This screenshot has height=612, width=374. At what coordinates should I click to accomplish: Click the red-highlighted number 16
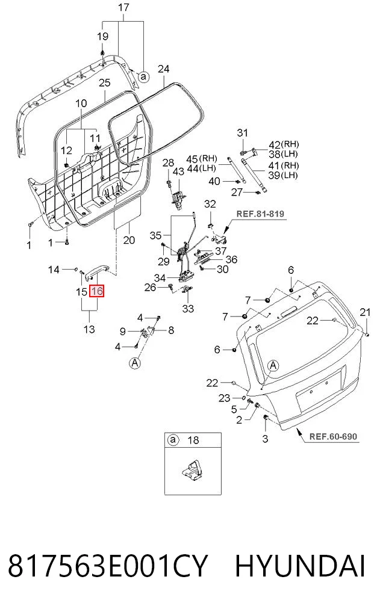[x=97, y=291]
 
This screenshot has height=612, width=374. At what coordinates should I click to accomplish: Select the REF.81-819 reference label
[x=260, y=214]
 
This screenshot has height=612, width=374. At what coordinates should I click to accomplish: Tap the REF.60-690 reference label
[x=333, y=436]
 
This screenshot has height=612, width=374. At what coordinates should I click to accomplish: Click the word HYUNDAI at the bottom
[x=300, y=567]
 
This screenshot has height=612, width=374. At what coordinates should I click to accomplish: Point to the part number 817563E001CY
[x=107, y=567]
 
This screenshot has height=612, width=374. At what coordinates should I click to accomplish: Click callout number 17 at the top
[x=123, y=7]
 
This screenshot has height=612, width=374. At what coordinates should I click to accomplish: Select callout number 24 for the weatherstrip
[x=163, y=69]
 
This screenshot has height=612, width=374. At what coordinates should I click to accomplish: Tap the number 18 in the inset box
[x=193, y=440]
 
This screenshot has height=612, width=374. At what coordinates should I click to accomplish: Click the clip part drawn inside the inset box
[x=192, y=469]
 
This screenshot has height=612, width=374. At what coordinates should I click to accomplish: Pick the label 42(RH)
[x=283, y=145]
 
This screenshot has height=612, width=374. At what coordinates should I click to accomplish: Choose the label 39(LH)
[x=283, y=175]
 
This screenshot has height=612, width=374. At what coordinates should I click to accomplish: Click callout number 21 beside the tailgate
[x=364, y=312]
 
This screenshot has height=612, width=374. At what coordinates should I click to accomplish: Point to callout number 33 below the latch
[x=188, y=308]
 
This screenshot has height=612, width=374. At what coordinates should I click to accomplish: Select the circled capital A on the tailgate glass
[x=273, y=366]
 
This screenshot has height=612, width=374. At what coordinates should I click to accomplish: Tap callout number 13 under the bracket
[x=89, y=329]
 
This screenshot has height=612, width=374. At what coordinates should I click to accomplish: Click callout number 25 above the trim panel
[x=104, y=83]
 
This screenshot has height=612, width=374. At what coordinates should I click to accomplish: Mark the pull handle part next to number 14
[x=97, y=272]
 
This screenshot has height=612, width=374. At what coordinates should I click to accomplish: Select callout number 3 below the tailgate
[x=265, y=438]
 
